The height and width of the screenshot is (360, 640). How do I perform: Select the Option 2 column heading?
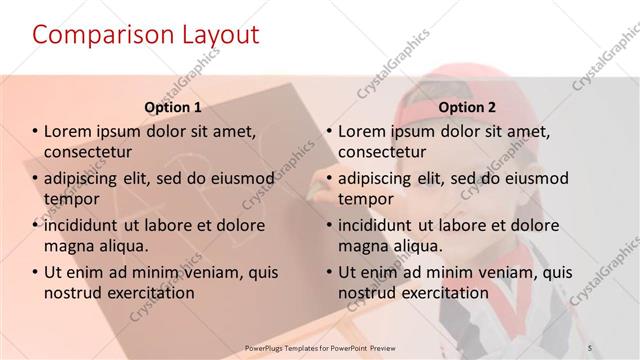click(x=466, y=107)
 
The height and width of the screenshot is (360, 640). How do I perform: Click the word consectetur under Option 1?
click(x=88, y=152)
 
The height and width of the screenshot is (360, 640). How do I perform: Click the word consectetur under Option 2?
click(x=382, y=152)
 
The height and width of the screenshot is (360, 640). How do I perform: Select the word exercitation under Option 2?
click(x=440, y=293)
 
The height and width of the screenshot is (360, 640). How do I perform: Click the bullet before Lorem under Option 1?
click(x=35, y=131)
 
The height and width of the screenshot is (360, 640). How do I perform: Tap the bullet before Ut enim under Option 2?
click(x=329, y=272)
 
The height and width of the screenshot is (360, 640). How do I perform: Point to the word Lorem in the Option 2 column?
click(x=364, y=131)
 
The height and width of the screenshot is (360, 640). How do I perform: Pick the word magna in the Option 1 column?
click(x=68, y=246)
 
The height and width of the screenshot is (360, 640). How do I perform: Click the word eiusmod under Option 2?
click(x=536, y=178)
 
